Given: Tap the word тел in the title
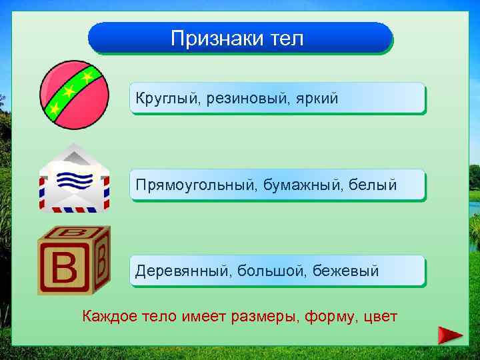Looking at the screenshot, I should click(x=287, y=39).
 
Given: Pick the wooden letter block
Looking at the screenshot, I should click(x=73, y=261).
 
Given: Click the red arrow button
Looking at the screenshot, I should click(x=451, y=335).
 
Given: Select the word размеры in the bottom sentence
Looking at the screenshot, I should click(x=263, y=315).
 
